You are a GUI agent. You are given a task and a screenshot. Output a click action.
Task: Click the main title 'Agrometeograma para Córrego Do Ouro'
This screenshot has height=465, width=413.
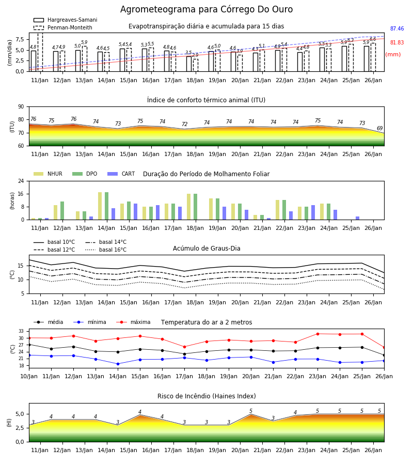206,9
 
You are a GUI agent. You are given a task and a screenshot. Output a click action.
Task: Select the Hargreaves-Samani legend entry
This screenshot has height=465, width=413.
65,20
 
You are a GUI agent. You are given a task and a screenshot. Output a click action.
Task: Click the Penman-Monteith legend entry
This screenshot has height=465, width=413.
63,27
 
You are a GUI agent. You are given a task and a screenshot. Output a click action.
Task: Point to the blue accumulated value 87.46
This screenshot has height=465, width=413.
397,29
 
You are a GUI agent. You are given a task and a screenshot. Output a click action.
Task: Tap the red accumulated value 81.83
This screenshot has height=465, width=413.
397,43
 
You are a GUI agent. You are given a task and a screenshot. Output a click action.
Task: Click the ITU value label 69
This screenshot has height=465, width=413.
379,129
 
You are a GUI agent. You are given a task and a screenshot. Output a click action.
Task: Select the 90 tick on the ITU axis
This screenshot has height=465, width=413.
21,107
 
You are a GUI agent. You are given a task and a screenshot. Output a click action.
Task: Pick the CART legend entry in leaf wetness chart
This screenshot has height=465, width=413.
121,174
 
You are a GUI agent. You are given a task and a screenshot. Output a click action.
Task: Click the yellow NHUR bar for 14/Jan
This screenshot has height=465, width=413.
100,206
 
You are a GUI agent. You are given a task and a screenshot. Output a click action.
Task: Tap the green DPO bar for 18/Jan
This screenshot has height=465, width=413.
196,207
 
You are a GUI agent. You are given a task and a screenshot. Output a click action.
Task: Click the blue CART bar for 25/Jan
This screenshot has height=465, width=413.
358,218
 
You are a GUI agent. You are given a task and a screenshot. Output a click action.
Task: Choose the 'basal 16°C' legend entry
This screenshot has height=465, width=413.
106,250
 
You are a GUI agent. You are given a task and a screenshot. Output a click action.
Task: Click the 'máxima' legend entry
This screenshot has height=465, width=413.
133,322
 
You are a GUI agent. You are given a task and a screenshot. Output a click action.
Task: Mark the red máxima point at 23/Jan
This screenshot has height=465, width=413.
318,334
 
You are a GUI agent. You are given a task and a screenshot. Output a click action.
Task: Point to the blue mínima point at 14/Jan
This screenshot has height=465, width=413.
118,364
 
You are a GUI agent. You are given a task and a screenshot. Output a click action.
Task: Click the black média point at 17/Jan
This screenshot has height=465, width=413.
185,354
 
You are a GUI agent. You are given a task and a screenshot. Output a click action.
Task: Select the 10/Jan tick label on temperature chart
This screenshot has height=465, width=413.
29,376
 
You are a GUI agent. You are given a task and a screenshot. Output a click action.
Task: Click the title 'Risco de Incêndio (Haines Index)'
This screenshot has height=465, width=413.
206,396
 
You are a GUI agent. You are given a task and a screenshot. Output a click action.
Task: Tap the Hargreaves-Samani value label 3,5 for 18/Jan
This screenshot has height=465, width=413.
189,53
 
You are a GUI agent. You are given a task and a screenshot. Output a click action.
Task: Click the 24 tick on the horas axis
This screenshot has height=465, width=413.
21,181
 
